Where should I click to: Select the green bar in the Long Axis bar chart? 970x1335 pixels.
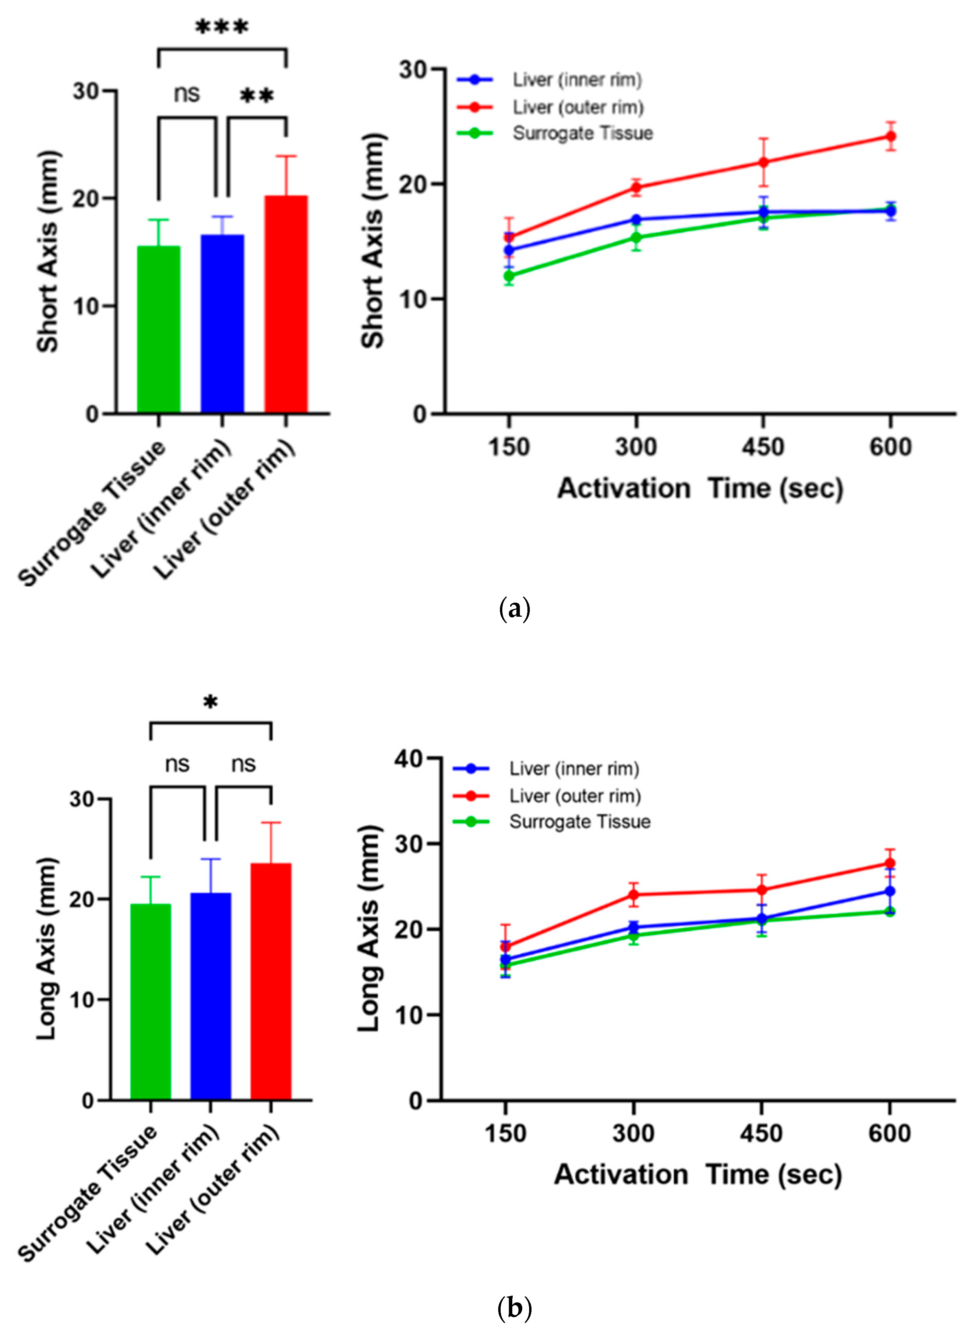[151, 1001]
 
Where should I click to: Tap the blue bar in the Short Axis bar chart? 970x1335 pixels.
[222, 324]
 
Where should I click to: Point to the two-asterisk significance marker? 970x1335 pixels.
[257, 96]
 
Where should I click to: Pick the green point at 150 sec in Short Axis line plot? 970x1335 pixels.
[509, 276]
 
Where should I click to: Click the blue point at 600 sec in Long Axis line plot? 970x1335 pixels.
[890, 891]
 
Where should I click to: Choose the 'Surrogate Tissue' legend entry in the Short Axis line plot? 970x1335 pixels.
[582, 133]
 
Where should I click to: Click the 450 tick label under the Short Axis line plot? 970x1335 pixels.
[763, 448]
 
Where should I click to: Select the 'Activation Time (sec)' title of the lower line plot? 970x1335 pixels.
[698, 1175]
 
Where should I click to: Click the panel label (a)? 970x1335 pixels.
[514, 608]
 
